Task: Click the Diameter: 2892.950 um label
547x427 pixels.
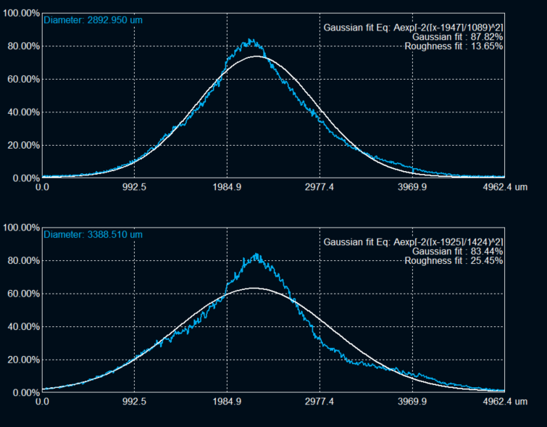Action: click(93, 20)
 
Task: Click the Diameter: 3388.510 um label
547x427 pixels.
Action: click(93, 234)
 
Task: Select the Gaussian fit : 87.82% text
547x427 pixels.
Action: click(457, 37)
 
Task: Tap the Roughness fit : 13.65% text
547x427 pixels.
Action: click(454, 46)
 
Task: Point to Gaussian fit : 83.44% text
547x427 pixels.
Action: click(457, 252)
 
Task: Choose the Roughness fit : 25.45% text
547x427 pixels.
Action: click(454, 261)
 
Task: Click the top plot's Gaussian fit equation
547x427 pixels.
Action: click(413, 28)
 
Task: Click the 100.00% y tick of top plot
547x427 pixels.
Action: click(20, 13)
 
